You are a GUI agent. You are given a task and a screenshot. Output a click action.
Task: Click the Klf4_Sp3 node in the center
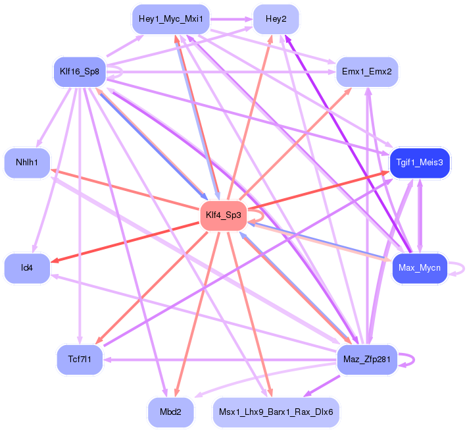222,215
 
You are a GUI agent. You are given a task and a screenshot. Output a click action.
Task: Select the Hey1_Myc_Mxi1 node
170,19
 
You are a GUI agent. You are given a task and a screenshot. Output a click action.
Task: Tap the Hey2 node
276,19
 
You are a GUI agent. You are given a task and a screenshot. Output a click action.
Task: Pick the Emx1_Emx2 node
366,70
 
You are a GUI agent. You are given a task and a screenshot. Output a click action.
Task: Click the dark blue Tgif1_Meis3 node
420,162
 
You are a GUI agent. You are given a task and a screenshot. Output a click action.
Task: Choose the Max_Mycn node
419,268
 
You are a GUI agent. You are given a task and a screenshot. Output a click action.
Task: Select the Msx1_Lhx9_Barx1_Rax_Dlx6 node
276,413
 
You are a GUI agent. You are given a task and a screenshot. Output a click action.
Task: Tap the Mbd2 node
170,413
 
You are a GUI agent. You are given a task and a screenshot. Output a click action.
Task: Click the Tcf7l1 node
79,360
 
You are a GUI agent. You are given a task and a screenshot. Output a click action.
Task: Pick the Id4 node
27,268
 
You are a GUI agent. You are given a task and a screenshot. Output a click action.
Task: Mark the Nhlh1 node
27,162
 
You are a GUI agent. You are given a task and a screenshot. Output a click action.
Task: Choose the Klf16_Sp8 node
79,70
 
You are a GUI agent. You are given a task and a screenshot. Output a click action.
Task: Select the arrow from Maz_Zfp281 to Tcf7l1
217,360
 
